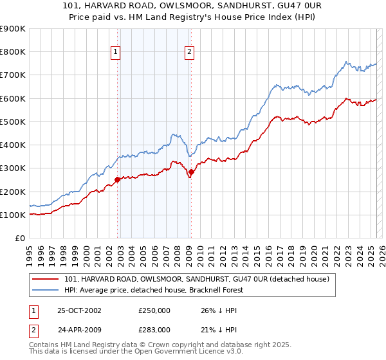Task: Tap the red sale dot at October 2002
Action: point(118,180)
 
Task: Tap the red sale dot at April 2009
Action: point(191,172)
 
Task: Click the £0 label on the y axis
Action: point(19,238)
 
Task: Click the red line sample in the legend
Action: point(46,278)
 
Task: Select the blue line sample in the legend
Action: point(46,289)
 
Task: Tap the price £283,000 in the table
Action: point(154,330)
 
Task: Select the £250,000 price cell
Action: point(154,310)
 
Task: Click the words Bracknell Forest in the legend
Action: point(225,289)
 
